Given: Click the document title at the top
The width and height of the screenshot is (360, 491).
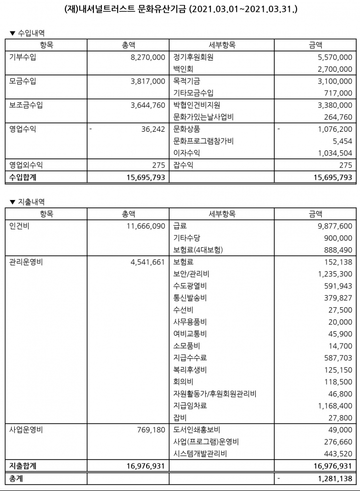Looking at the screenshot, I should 180,9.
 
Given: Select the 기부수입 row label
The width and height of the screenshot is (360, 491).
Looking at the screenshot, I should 23,58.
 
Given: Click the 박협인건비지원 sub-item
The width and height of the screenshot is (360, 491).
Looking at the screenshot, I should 197,105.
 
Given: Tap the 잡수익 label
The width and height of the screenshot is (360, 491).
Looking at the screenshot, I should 183,166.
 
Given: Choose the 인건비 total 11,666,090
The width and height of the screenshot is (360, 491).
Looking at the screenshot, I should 145,226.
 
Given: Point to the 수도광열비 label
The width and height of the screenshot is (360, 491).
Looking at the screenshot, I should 190,286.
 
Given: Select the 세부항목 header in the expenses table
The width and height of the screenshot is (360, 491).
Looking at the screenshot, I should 222,214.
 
